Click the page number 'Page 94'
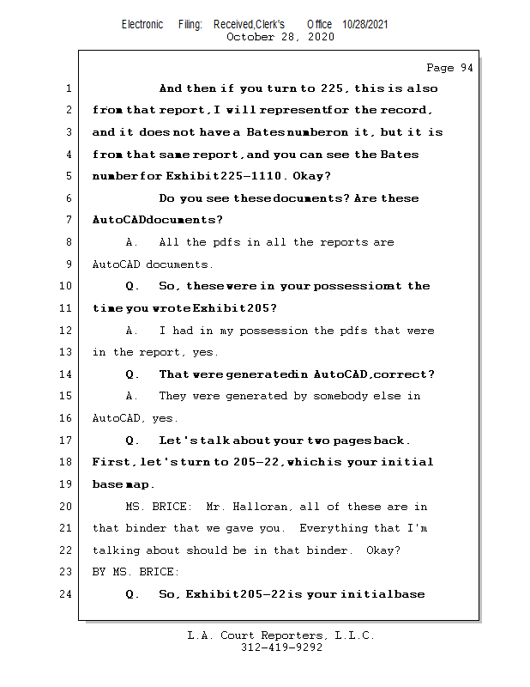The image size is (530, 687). [x=449, y=68]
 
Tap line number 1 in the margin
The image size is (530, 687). [x=68, y=88]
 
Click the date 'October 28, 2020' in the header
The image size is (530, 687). [x=280, y=37]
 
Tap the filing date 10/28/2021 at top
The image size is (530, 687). [x=364, y=24]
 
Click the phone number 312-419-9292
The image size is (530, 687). [x=281, y=647]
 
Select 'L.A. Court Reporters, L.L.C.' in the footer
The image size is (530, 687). [x=280, y=635]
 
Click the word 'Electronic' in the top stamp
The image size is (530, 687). [x=142, y=24]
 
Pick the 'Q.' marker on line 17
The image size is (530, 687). [x=132, y=441]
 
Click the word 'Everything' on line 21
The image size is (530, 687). [x=334, y=528]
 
